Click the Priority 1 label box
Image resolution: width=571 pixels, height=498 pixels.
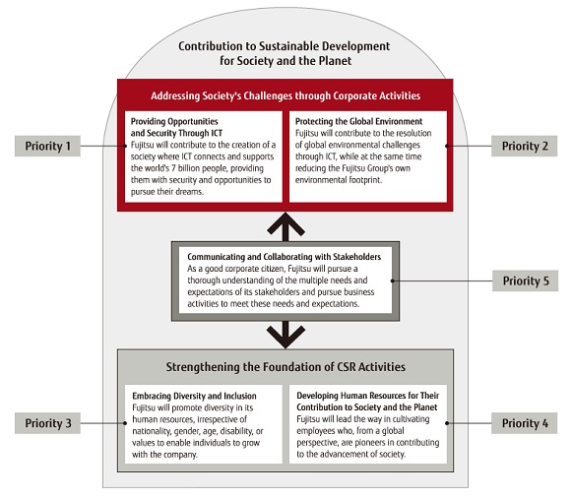click(x=47, y=146)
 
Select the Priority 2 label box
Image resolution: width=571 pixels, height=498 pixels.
click(x=524, y=146)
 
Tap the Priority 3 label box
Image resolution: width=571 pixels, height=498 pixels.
click(x=47, y=423)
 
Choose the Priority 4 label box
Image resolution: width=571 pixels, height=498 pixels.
click(x=524, y=423)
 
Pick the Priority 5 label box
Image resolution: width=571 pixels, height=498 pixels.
click(x=525, y=280)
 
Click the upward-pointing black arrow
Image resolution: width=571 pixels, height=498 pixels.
click(x=285, y=226)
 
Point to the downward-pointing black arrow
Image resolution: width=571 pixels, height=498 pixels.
click(x=285, y=335)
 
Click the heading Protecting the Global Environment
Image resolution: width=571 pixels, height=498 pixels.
click(x=358, y=121)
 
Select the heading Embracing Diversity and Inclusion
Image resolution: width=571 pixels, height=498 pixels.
click(x=194, y=396)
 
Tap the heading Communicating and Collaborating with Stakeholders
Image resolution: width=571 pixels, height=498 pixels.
click(x=285, y=257)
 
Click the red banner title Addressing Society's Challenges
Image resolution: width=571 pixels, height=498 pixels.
click(x=285, y=95)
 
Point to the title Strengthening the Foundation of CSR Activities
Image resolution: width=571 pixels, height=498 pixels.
click(x=285, y=366)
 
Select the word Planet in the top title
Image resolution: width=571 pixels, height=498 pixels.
click(x=335, y=60)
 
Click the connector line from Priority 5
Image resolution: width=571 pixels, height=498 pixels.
click(x=442, y=280)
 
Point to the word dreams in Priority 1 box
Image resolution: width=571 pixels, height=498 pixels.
click(x=191, y=192)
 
